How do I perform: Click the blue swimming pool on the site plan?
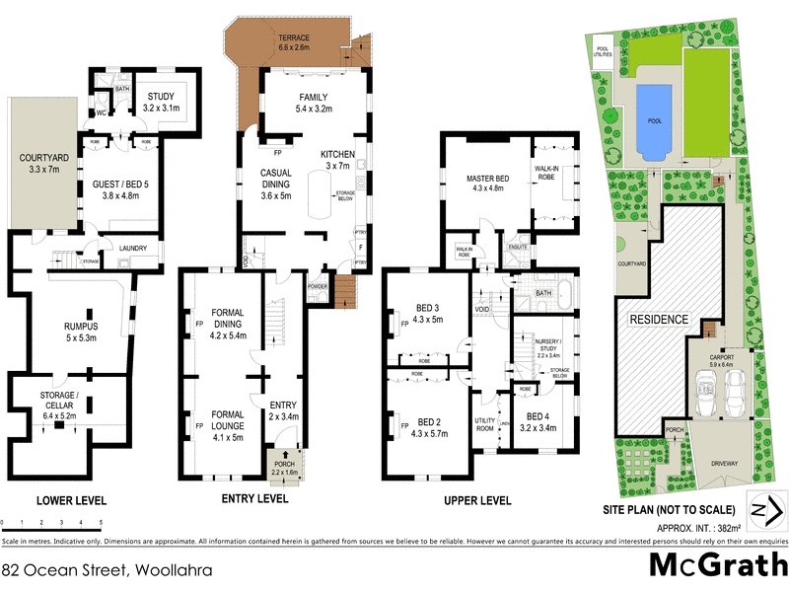coord(649,120)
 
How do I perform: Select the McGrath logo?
coord(717,565)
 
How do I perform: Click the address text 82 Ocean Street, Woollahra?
coord(94,570)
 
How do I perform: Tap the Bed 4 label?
coord(541,421)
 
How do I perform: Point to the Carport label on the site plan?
coord(722,359)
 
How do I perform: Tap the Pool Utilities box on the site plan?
coord(603,51)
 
